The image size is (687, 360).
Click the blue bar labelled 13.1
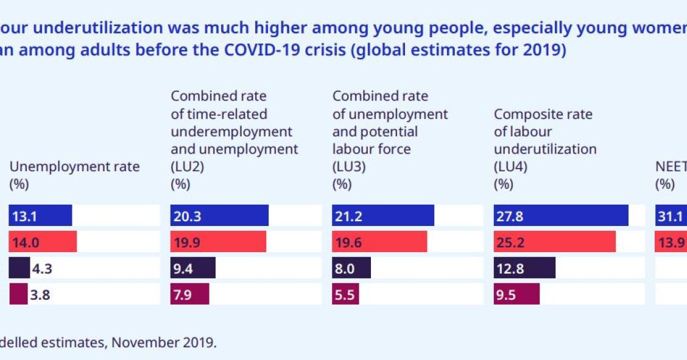[40, 216]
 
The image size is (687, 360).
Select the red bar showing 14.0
[43, 242]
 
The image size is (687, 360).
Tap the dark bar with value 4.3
[19, 268]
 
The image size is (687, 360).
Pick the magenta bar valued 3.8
[18, 294]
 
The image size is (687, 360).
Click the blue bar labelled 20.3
[219, 216]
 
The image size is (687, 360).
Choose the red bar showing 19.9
[218, 242]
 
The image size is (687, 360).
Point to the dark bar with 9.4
[192, 268]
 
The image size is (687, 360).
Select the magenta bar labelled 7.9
[189, 294]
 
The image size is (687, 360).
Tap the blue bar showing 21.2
[383, 216]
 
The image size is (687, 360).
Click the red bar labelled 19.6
[379, 242]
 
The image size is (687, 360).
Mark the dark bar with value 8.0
[351, 268]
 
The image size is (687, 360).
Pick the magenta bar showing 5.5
[345, 294]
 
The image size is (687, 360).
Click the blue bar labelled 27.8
[561, 216]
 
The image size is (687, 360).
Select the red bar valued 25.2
[555, 242]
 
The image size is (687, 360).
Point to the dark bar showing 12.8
[524, 268]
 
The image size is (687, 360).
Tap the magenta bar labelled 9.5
[516, 294]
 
